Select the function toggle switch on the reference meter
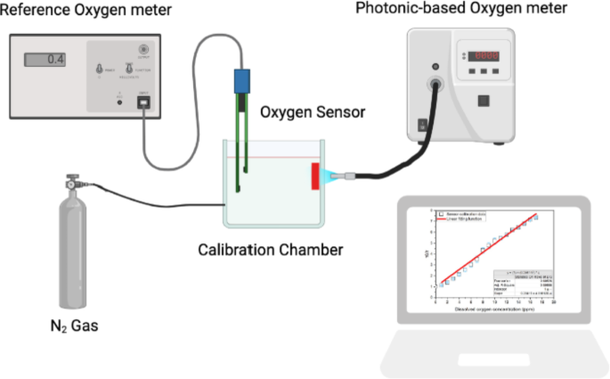tap(128, 69)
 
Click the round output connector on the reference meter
tap(142, 48)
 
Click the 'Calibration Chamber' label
tap(270, 249)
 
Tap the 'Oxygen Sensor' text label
tap(304, 113)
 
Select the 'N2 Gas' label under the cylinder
tap(74, 325)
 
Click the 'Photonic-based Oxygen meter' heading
tap(476, 10)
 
